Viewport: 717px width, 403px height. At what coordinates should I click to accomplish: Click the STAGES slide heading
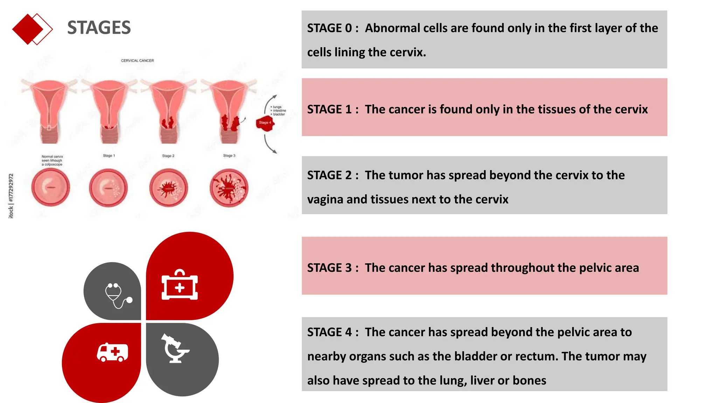[x=99, y=28]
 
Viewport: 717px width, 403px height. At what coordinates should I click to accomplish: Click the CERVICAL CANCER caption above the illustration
[x=137, y=61]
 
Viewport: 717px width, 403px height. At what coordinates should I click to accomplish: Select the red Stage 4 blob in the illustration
[x=265, y=123]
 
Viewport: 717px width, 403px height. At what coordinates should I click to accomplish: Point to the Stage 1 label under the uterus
[x=109, y=156]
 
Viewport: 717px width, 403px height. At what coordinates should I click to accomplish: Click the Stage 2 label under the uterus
[x=168, y=156]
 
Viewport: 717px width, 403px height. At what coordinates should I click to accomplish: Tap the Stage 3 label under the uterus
[x=229, y=156]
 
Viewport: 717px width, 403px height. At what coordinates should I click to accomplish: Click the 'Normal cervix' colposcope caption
[x=52, y=161]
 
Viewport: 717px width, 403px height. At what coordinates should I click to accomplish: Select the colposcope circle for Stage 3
[x=229, y=188]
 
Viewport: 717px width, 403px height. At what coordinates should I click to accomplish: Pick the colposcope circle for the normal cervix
[x=50, y=188]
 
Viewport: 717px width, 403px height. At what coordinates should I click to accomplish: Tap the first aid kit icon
[x=180, y=285]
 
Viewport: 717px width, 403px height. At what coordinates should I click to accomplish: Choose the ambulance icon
[x=112, y=352]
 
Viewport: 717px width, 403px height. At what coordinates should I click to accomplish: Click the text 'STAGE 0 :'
[x=333, y=28]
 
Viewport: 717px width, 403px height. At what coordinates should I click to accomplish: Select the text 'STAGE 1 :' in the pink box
[x=333, y=109]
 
